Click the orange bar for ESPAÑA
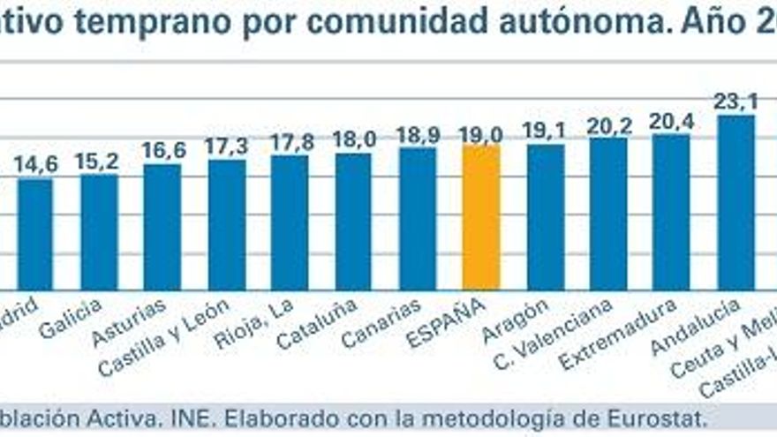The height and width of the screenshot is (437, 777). pos(481,217)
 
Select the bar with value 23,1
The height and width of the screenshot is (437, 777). pos(736,202)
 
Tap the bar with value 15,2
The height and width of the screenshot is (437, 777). pos(99,231)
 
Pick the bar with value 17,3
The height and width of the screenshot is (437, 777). pos(227,224)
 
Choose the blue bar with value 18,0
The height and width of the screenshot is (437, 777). pos(353,222)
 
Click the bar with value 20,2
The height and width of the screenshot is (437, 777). pos(608,214)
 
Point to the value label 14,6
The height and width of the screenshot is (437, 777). pos(36,163)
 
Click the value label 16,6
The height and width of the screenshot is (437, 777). pos(163,150)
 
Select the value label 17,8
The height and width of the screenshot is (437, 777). pos(290,141)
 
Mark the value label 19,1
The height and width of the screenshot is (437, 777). pos(545,131)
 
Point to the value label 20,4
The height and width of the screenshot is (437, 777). pos(672,121)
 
